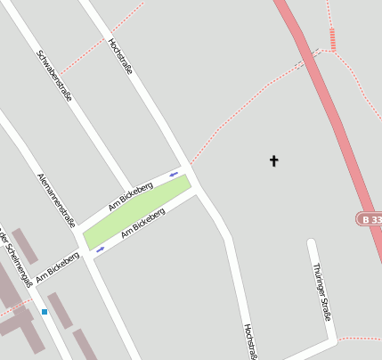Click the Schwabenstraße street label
[x=54, y=76]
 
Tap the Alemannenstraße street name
[x=56, y=200]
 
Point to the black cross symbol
[x=274, y=161]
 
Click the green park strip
[x=137, y=211]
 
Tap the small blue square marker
[x=45, y=312]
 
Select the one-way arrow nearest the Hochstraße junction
[x=174, y=173]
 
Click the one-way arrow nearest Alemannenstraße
[x=100, y=250]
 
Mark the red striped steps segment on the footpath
[x=332, y=38]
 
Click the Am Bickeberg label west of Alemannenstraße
[x=58, y=266]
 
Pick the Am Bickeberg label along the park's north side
[x=130, y=195]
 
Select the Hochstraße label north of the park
[x=119, y=55]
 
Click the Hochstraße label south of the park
[x=250, y=340]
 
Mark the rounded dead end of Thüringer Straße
[x=312, y=242]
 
